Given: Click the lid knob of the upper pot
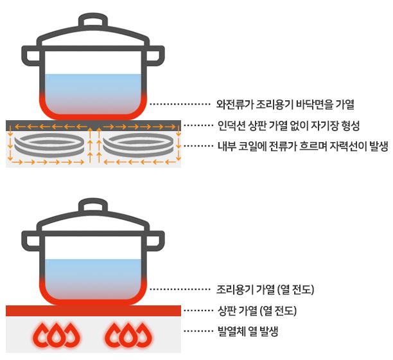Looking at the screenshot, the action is (94, 21).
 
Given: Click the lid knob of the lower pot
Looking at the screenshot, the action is (94, 208).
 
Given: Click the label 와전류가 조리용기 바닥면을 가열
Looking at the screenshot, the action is (286, 103).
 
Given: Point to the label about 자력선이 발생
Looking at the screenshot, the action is (302, 146).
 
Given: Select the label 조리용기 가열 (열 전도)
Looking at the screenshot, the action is (265, 289).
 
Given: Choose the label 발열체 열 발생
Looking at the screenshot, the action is (248, 332).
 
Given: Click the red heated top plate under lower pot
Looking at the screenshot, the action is (94, 311).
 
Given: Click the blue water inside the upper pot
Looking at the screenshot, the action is (94, 87).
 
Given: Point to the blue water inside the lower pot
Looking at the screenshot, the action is (94, 273).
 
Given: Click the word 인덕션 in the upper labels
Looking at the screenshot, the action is (232, 124).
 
